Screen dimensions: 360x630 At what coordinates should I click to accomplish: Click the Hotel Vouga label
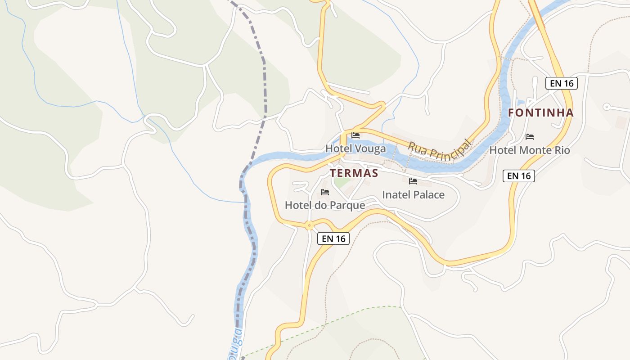tap(355, 148)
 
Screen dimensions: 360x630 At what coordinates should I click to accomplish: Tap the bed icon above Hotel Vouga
tap(355, 135)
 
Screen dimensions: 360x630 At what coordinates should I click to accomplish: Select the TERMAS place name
tap(354, 173)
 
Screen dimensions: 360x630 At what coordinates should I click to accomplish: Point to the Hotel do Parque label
tap(325, 205)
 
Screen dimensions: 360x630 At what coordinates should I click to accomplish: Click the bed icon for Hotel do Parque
tap(325, 192)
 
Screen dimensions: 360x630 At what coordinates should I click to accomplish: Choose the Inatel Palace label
tap(413, 195)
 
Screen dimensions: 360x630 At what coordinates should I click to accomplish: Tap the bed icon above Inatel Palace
tap(413, 181)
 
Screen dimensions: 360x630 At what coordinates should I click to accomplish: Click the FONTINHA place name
tap(541, 113)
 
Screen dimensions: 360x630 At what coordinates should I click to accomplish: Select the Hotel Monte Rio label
tap(530, 150)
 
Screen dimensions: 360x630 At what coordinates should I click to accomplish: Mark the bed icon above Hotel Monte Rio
tap(530, 136)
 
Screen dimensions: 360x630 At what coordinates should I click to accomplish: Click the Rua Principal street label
tap(439, 149)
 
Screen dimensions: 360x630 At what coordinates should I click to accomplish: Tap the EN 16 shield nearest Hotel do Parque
tap(333, 238)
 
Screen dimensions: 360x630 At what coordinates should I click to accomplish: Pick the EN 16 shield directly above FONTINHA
tap(561, 83)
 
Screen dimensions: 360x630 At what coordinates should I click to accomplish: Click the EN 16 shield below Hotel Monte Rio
tap(518, 176)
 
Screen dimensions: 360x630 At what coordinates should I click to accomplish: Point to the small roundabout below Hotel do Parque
tap(309, 226)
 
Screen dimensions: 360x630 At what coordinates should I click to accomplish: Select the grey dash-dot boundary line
tap(264, 81)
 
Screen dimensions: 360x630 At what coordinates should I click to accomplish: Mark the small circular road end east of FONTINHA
tap(606, 107)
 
